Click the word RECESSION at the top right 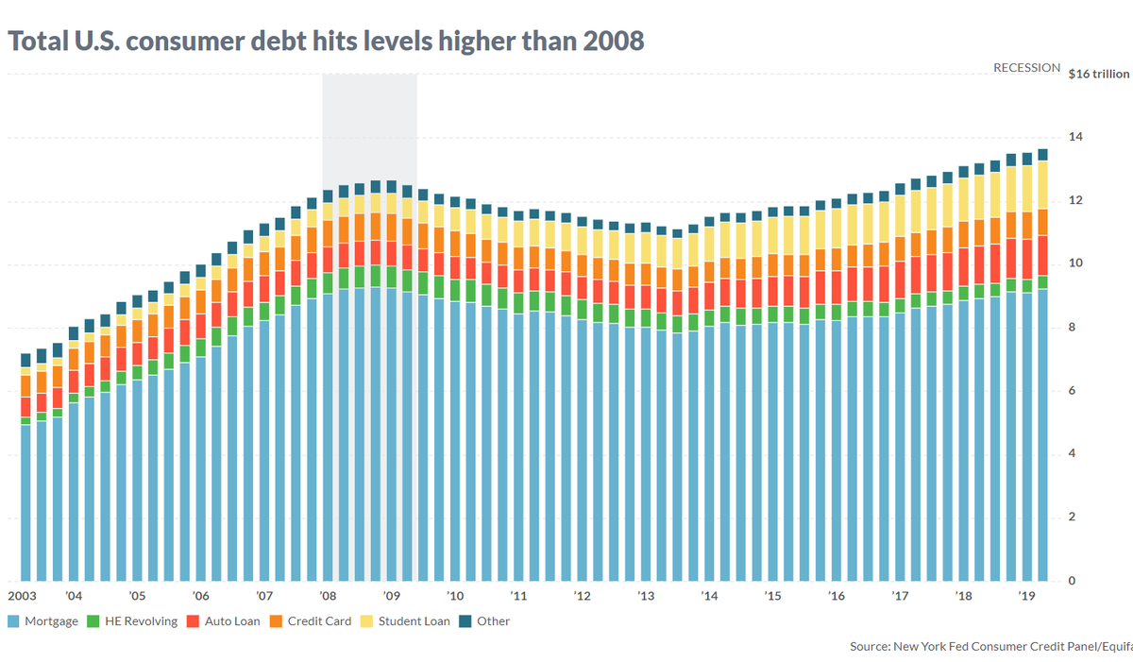click(x=1026, y=68)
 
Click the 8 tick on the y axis click(x=1072, y=328)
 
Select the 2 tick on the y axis click(x=1072, y=518)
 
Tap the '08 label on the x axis click(x=329, y=597)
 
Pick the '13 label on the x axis click(x=646, y=597)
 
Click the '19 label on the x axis click(x=1026, y=597)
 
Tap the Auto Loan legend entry click(x=231, y=621)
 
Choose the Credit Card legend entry click(x=319, y=621)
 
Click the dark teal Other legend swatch click(x=465, y=621)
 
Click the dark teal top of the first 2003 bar click(x=25, y=360)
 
